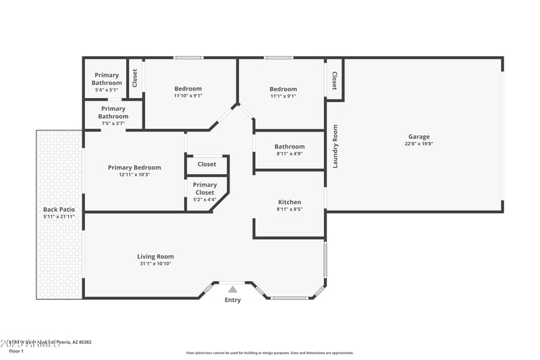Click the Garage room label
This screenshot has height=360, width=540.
[x=418, y=136]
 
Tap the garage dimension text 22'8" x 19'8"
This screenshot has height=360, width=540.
[x=418, y=143]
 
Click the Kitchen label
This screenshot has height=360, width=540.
[x=290, y=202]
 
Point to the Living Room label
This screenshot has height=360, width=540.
[x=155, y=256]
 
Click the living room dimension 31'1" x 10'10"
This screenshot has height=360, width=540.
[x=155, y=263]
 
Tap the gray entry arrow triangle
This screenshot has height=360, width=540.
[x=232, y=289]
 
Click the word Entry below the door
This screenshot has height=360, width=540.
[x=232, y=300]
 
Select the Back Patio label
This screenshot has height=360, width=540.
[x=59, y=209]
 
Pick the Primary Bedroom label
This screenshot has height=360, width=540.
[x=134, y=168]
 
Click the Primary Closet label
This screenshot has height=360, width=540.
[x=205, y=188]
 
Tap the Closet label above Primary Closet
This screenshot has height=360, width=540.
[x=207, y=164]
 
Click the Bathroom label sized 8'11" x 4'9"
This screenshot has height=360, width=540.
[x=290, y=147]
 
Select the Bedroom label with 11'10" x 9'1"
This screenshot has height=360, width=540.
[x=188, y=88]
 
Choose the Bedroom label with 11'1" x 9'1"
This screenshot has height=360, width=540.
[x=283, y=89]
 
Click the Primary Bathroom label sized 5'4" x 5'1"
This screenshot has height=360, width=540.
[x=107, y=79]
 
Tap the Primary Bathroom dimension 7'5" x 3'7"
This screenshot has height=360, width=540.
[x=113, y=124]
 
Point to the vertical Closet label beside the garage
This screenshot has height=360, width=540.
[x=335, y=82]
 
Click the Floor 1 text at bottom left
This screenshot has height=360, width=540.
[x=16, y=351]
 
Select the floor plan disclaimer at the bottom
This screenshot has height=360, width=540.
[x=269, y=353]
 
